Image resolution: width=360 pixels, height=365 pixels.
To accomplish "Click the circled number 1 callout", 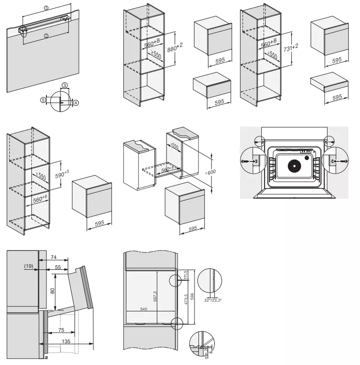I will point(45,8).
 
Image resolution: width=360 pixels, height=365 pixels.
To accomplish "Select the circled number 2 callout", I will point(45,35).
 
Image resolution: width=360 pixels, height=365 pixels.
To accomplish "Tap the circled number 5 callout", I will point(43,100).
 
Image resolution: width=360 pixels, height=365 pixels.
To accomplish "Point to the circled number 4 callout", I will point(75,102).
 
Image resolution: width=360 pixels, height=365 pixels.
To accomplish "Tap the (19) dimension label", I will point(27,266).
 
